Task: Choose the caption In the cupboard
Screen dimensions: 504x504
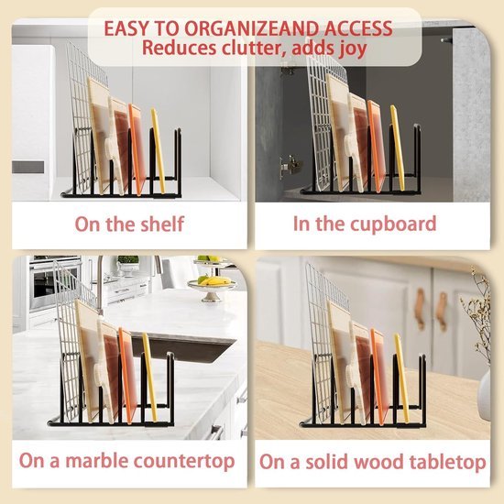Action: [x=364, y=224]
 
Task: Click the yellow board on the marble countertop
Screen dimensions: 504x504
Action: [x=148, y=376]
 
